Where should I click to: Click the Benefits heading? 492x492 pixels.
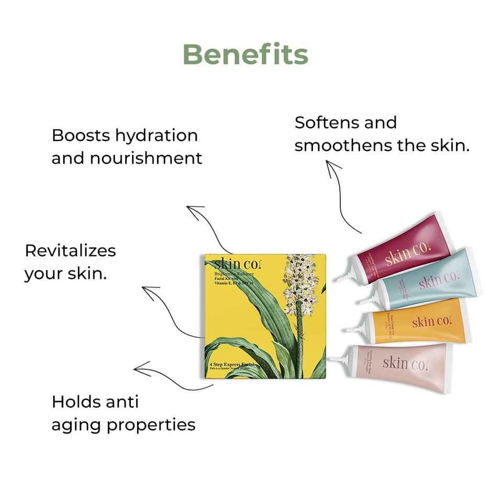point(245,54)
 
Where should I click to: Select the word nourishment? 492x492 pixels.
point(146,158)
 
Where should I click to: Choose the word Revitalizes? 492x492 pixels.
point(70,250)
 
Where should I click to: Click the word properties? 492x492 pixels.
point(151,424)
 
